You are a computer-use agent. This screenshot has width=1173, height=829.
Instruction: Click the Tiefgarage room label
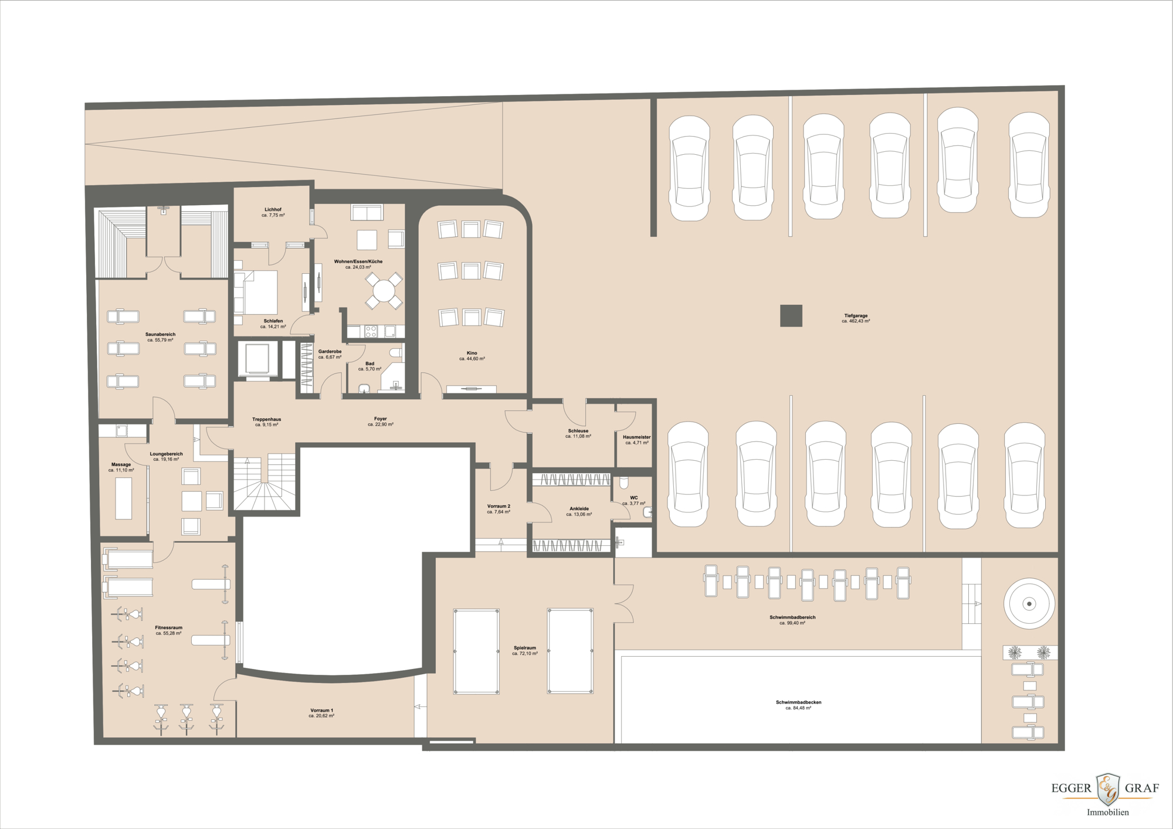(856, 316)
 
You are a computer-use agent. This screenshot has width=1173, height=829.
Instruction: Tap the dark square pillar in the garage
(791, 315)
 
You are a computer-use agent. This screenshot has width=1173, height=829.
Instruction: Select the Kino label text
(472, 354)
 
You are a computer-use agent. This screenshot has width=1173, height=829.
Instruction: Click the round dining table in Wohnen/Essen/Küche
(384, 291)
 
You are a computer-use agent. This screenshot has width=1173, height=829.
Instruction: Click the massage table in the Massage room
(123, 498)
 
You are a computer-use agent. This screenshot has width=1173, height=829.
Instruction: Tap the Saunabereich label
(160, 334)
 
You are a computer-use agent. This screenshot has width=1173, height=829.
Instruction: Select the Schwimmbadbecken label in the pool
(798, 702)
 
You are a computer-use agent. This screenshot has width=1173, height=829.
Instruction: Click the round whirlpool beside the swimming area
(1029, 603)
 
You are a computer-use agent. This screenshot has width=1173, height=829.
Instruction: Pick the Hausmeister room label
(636, 437)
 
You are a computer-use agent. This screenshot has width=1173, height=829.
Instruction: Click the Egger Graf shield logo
(1108, 789)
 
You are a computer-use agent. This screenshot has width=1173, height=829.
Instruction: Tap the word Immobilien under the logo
(1107, 812)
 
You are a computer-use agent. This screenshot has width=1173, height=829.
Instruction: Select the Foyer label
(380, 419)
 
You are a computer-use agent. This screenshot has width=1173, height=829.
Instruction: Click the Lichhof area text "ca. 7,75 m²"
(273, 215)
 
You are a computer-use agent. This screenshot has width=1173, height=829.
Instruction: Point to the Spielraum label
(524, 648)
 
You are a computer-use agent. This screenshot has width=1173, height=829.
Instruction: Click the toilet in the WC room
(624, 483)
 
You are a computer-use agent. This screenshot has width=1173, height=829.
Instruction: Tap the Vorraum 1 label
(321, 711)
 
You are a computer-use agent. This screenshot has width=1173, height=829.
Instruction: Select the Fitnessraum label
(168, 628)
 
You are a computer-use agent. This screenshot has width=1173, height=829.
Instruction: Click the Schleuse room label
(578, 431)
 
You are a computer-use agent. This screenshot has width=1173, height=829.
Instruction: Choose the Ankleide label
(579, 509)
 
